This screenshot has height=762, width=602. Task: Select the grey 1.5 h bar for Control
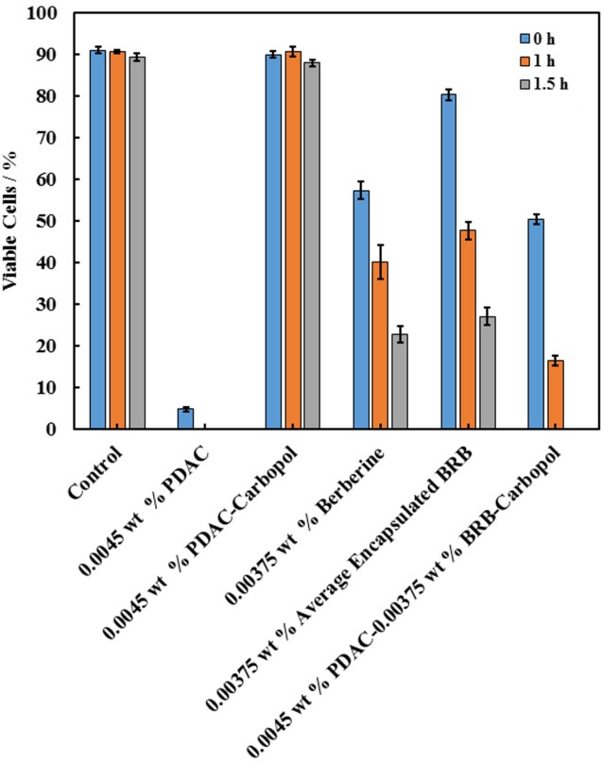pyautogui.click(x=137, y=243)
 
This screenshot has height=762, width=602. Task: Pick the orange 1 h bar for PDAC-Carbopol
pyautogui.click(x=293, y=240)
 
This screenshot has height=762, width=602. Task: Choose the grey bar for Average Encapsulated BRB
pyautogui.click(x=488, y=372)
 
